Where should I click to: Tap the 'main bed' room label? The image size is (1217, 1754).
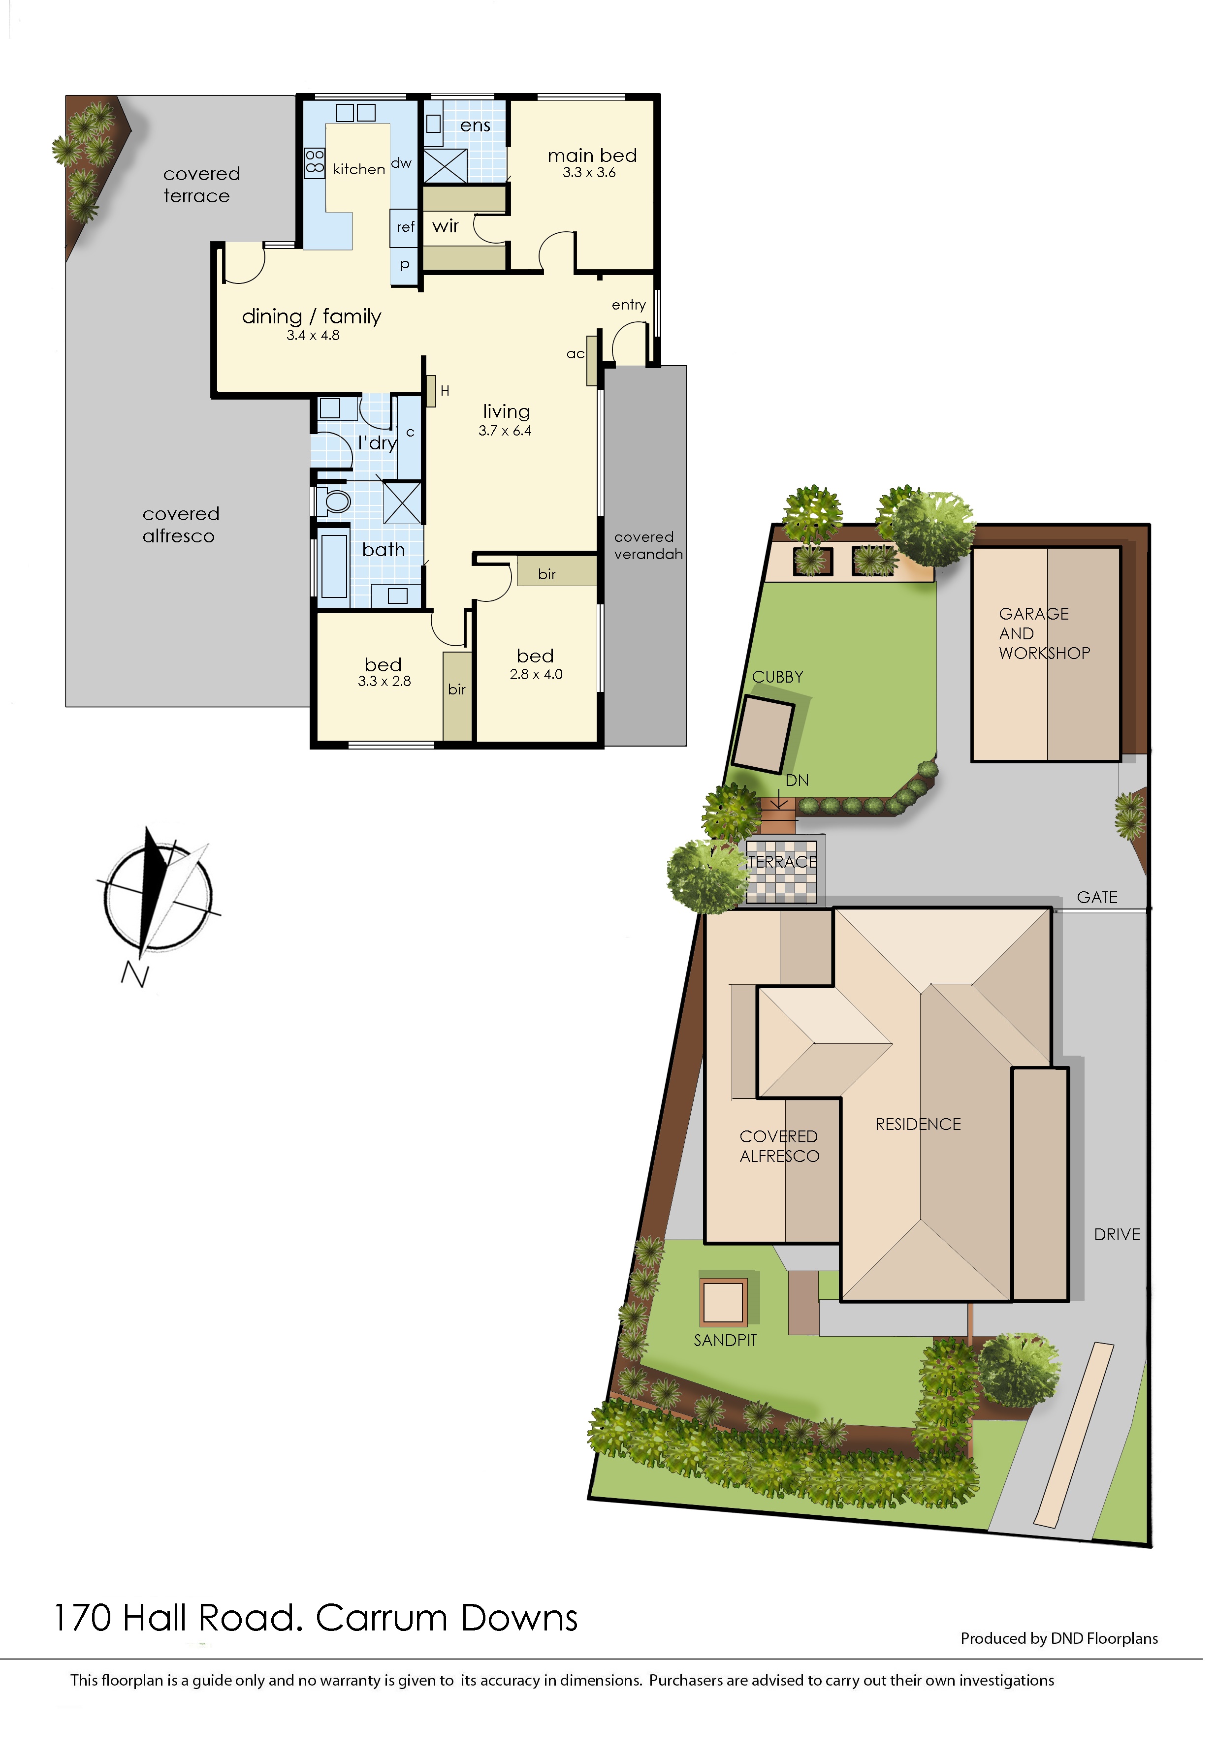[x=592, y=156]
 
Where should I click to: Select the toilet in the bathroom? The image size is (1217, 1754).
[x=332, y=501]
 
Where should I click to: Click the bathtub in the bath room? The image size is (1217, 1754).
[x=334, y=566]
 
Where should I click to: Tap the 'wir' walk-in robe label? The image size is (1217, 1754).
[x=446, y=226]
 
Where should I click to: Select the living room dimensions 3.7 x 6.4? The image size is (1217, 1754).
[x=505, y=431]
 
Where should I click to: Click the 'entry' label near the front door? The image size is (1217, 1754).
[x=628, y=305]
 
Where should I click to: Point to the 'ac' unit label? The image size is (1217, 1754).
[x=575, y=354]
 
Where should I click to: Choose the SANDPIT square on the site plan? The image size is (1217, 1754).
[x=723, y=1300]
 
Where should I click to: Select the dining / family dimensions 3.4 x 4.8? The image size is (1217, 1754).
[x=313, y=336]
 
